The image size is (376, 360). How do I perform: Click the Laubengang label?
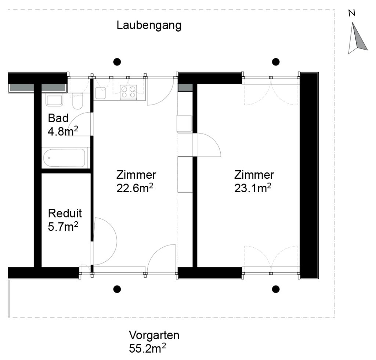click(149, 26)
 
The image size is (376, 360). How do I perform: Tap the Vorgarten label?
click(154, 335)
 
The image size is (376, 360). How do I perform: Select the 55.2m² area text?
click(147, 348)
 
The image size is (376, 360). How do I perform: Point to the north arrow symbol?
click(357, 38)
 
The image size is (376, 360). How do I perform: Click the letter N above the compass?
click(352, 13)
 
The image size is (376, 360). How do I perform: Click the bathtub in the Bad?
click(64, 158)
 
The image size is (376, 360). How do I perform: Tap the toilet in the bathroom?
click(77, 101)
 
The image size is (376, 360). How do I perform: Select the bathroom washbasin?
click(54, 101)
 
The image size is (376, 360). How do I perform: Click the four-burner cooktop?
click(128, 92)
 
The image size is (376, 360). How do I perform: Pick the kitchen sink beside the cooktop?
click(101, 93)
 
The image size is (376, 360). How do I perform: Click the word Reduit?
click(65, 213)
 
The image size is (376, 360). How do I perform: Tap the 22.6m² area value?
click(135, 188)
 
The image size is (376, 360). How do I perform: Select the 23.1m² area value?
click(253, 188)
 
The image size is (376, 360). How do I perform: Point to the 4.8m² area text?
click(63, 131)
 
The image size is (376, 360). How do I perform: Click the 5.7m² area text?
click(63, 226)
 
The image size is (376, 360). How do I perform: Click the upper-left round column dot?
click(117, 62)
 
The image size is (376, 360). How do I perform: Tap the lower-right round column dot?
click(276, 289)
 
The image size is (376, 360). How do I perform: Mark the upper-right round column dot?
click(276, 62)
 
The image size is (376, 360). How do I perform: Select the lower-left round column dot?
click(117, 289)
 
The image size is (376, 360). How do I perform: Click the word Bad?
click(58, 118)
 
